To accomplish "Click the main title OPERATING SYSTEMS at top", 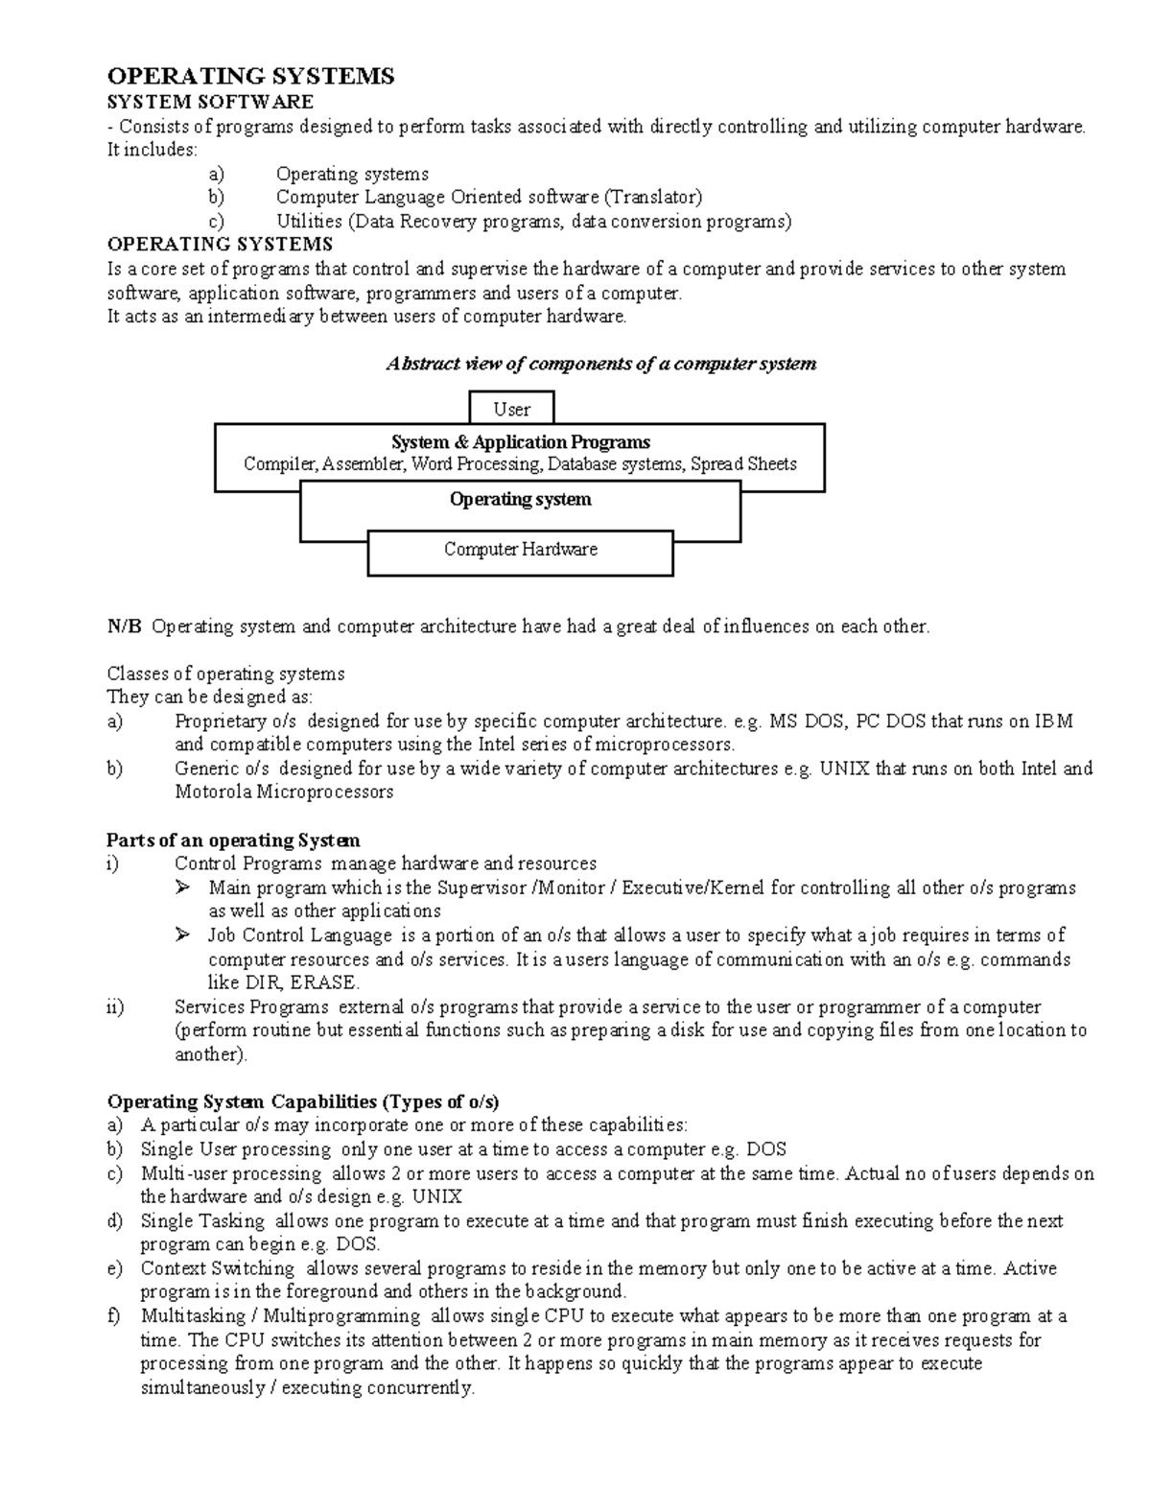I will coord(250,77).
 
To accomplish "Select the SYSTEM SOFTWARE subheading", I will coord(210,102).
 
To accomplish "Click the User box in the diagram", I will coord(511,410).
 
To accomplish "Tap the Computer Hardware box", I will coord(520,550).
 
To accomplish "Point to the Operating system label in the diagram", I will coord(520,500).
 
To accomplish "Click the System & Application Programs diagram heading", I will coord(520,442).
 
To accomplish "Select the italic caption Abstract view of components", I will coord(600,364).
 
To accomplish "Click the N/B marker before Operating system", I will coord(124,627).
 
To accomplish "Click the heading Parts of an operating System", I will coord(233,840).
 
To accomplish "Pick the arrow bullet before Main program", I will coord(183,887).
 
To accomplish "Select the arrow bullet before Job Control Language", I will coord(183,934).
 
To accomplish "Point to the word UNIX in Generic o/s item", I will coord(844,769).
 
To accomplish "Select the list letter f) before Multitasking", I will coord(114,1315).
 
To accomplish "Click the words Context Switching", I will coord(217,1268).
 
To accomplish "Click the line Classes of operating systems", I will coord(225,674).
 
